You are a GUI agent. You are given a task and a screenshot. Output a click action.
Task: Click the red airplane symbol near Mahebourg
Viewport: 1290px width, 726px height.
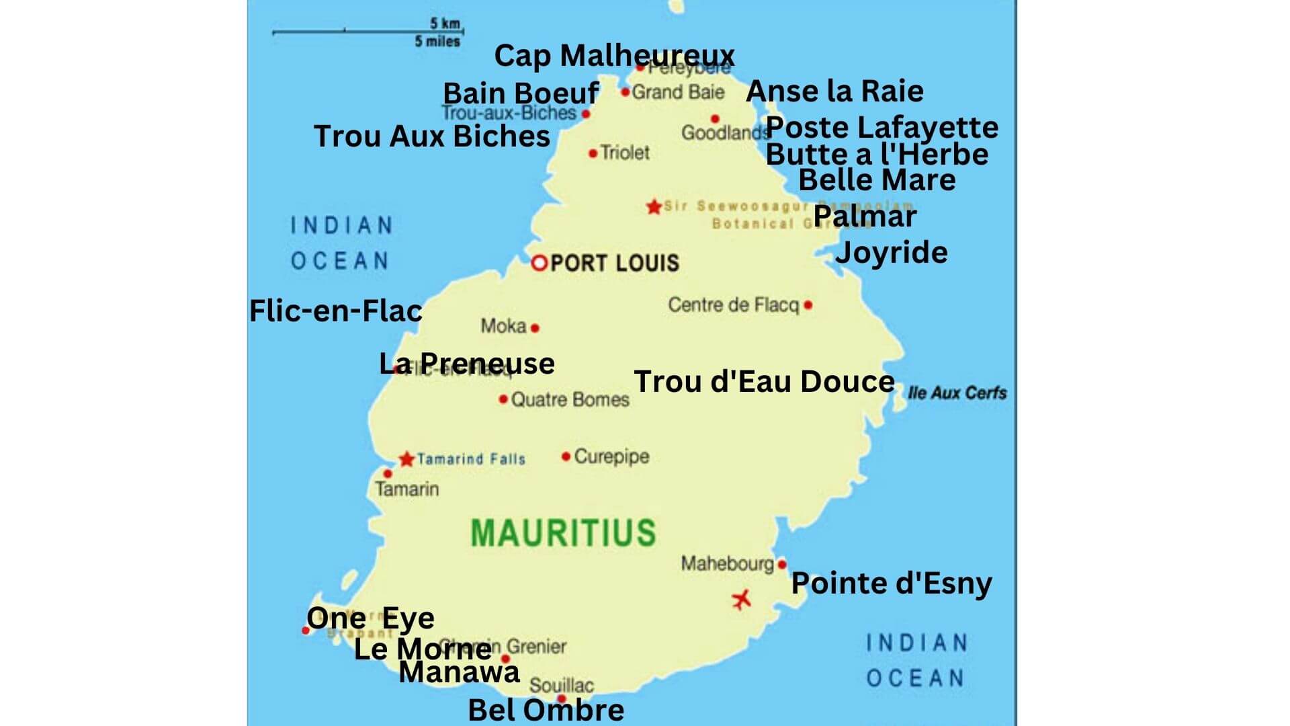pos(741,598)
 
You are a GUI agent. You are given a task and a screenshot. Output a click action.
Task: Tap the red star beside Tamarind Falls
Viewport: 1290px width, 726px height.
pos(406,459)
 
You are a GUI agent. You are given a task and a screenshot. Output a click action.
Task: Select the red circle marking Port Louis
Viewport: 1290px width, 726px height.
pos(539,263)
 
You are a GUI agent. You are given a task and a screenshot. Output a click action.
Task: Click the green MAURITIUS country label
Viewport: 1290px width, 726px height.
pos(563,532)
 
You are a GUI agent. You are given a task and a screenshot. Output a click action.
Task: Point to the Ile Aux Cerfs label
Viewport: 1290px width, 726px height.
pos(957,393)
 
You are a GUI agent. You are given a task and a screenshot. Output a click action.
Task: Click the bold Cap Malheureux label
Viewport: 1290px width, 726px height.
pos(614,56)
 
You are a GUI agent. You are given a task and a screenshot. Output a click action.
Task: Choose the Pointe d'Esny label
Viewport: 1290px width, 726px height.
pos(891,583)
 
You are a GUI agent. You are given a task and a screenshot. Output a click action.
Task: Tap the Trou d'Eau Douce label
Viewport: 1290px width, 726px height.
pos(764,382)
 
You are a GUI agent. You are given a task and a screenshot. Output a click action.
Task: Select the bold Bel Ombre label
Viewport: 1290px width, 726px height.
pos(546,710)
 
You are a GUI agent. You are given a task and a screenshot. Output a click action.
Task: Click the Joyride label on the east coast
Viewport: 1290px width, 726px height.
pos(891,253)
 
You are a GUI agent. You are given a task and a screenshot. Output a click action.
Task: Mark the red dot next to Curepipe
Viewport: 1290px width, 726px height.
pos(566,456)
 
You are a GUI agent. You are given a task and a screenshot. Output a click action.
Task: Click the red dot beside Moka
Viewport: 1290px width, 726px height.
pos(535,328)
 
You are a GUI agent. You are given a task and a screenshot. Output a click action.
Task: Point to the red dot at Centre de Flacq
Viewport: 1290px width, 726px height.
pos(808,305)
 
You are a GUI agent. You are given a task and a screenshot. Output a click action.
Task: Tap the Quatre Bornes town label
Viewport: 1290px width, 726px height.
pos(570,400)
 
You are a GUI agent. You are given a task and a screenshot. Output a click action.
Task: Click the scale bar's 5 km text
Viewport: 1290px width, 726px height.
pos(445,24)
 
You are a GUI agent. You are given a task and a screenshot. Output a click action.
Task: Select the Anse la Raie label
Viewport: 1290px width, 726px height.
pos(834,91)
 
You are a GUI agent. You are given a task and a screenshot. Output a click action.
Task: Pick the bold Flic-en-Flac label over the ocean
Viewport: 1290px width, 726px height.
pos(335,311)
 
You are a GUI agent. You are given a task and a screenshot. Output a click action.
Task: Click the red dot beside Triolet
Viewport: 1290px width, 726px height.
pos(593,154)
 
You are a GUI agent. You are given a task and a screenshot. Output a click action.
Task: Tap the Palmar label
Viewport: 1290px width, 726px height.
pos(865,216)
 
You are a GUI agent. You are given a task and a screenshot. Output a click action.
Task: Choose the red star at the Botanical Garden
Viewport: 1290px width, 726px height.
pos(654,206)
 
